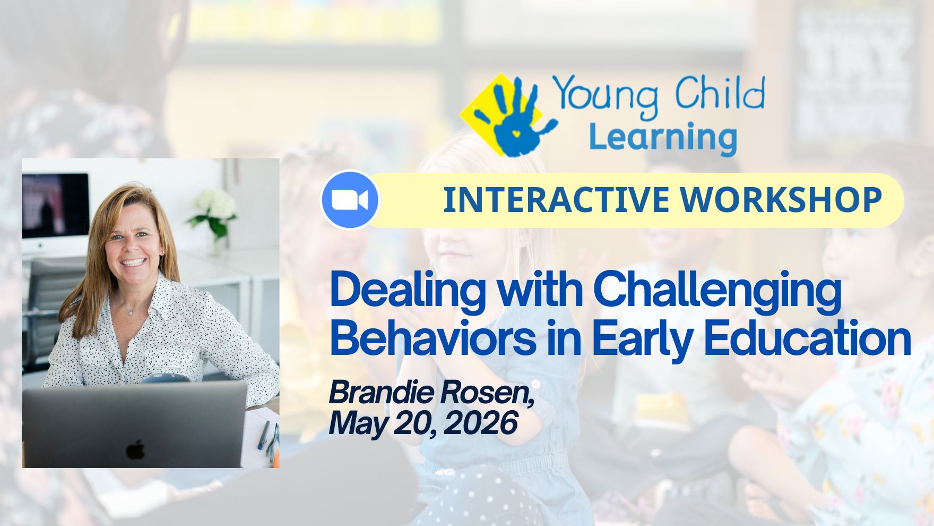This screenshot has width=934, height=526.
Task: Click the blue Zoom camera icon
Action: click(350, 200)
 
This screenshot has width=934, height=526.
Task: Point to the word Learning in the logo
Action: click(663, 137)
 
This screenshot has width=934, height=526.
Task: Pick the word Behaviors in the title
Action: click(433, 338)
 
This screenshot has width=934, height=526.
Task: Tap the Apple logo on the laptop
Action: click(135, 449)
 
